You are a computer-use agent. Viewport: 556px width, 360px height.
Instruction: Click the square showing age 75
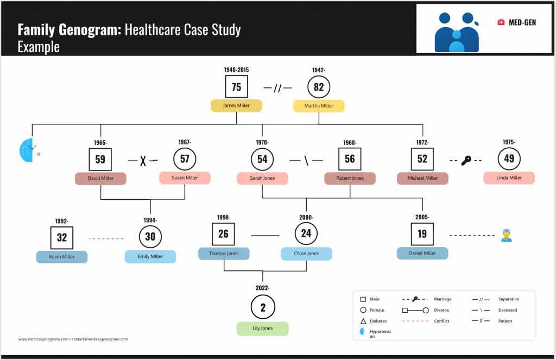coord(236,87)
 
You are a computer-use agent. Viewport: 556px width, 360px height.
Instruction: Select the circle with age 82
coord(319,87)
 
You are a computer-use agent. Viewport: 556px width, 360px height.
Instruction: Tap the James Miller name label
coord(236,106)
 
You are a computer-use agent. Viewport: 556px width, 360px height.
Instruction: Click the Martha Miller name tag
coord(319,106)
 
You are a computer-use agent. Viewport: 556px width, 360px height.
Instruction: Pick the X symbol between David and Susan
coord(143,161)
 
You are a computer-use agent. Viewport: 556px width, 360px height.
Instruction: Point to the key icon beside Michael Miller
coord(466,161)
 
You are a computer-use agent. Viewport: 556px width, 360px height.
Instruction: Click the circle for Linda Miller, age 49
coord(509,159)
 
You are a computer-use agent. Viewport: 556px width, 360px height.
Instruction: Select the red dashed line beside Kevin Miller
coord(106,238)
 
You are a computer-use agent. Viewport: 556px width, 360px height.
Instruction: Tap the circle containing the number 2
coord(263,307)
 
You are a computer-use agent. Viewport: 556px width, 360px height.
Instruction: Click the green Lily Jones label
coord(263,329)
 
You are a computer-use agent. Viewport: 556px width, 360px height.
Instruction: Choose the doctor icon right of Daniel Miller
coord(507,235)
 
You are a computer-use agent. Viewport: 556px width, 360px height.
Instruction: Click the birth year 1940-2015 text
coord(236,70)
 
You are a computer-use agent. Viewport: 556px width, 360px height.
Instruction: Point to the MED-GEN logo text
coord(522,22)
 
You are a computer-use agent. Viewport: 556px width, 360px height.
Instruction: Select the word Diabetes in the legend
coord(378,321)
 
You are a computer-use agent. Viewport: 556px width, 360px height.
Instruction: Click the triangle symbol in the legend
coord(362,321)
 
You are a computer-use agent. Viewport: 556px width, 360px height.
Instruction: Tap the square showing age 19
coord(422,235)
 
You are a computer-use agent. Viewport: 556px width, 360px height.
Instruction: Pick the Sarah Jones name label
coord(262,178)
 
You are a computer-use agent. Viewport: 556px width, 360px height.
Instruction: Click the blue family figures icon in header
coord(457,32)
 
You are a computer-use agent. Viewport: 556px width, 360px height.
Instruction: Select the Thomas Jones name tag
coord(224,254)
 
